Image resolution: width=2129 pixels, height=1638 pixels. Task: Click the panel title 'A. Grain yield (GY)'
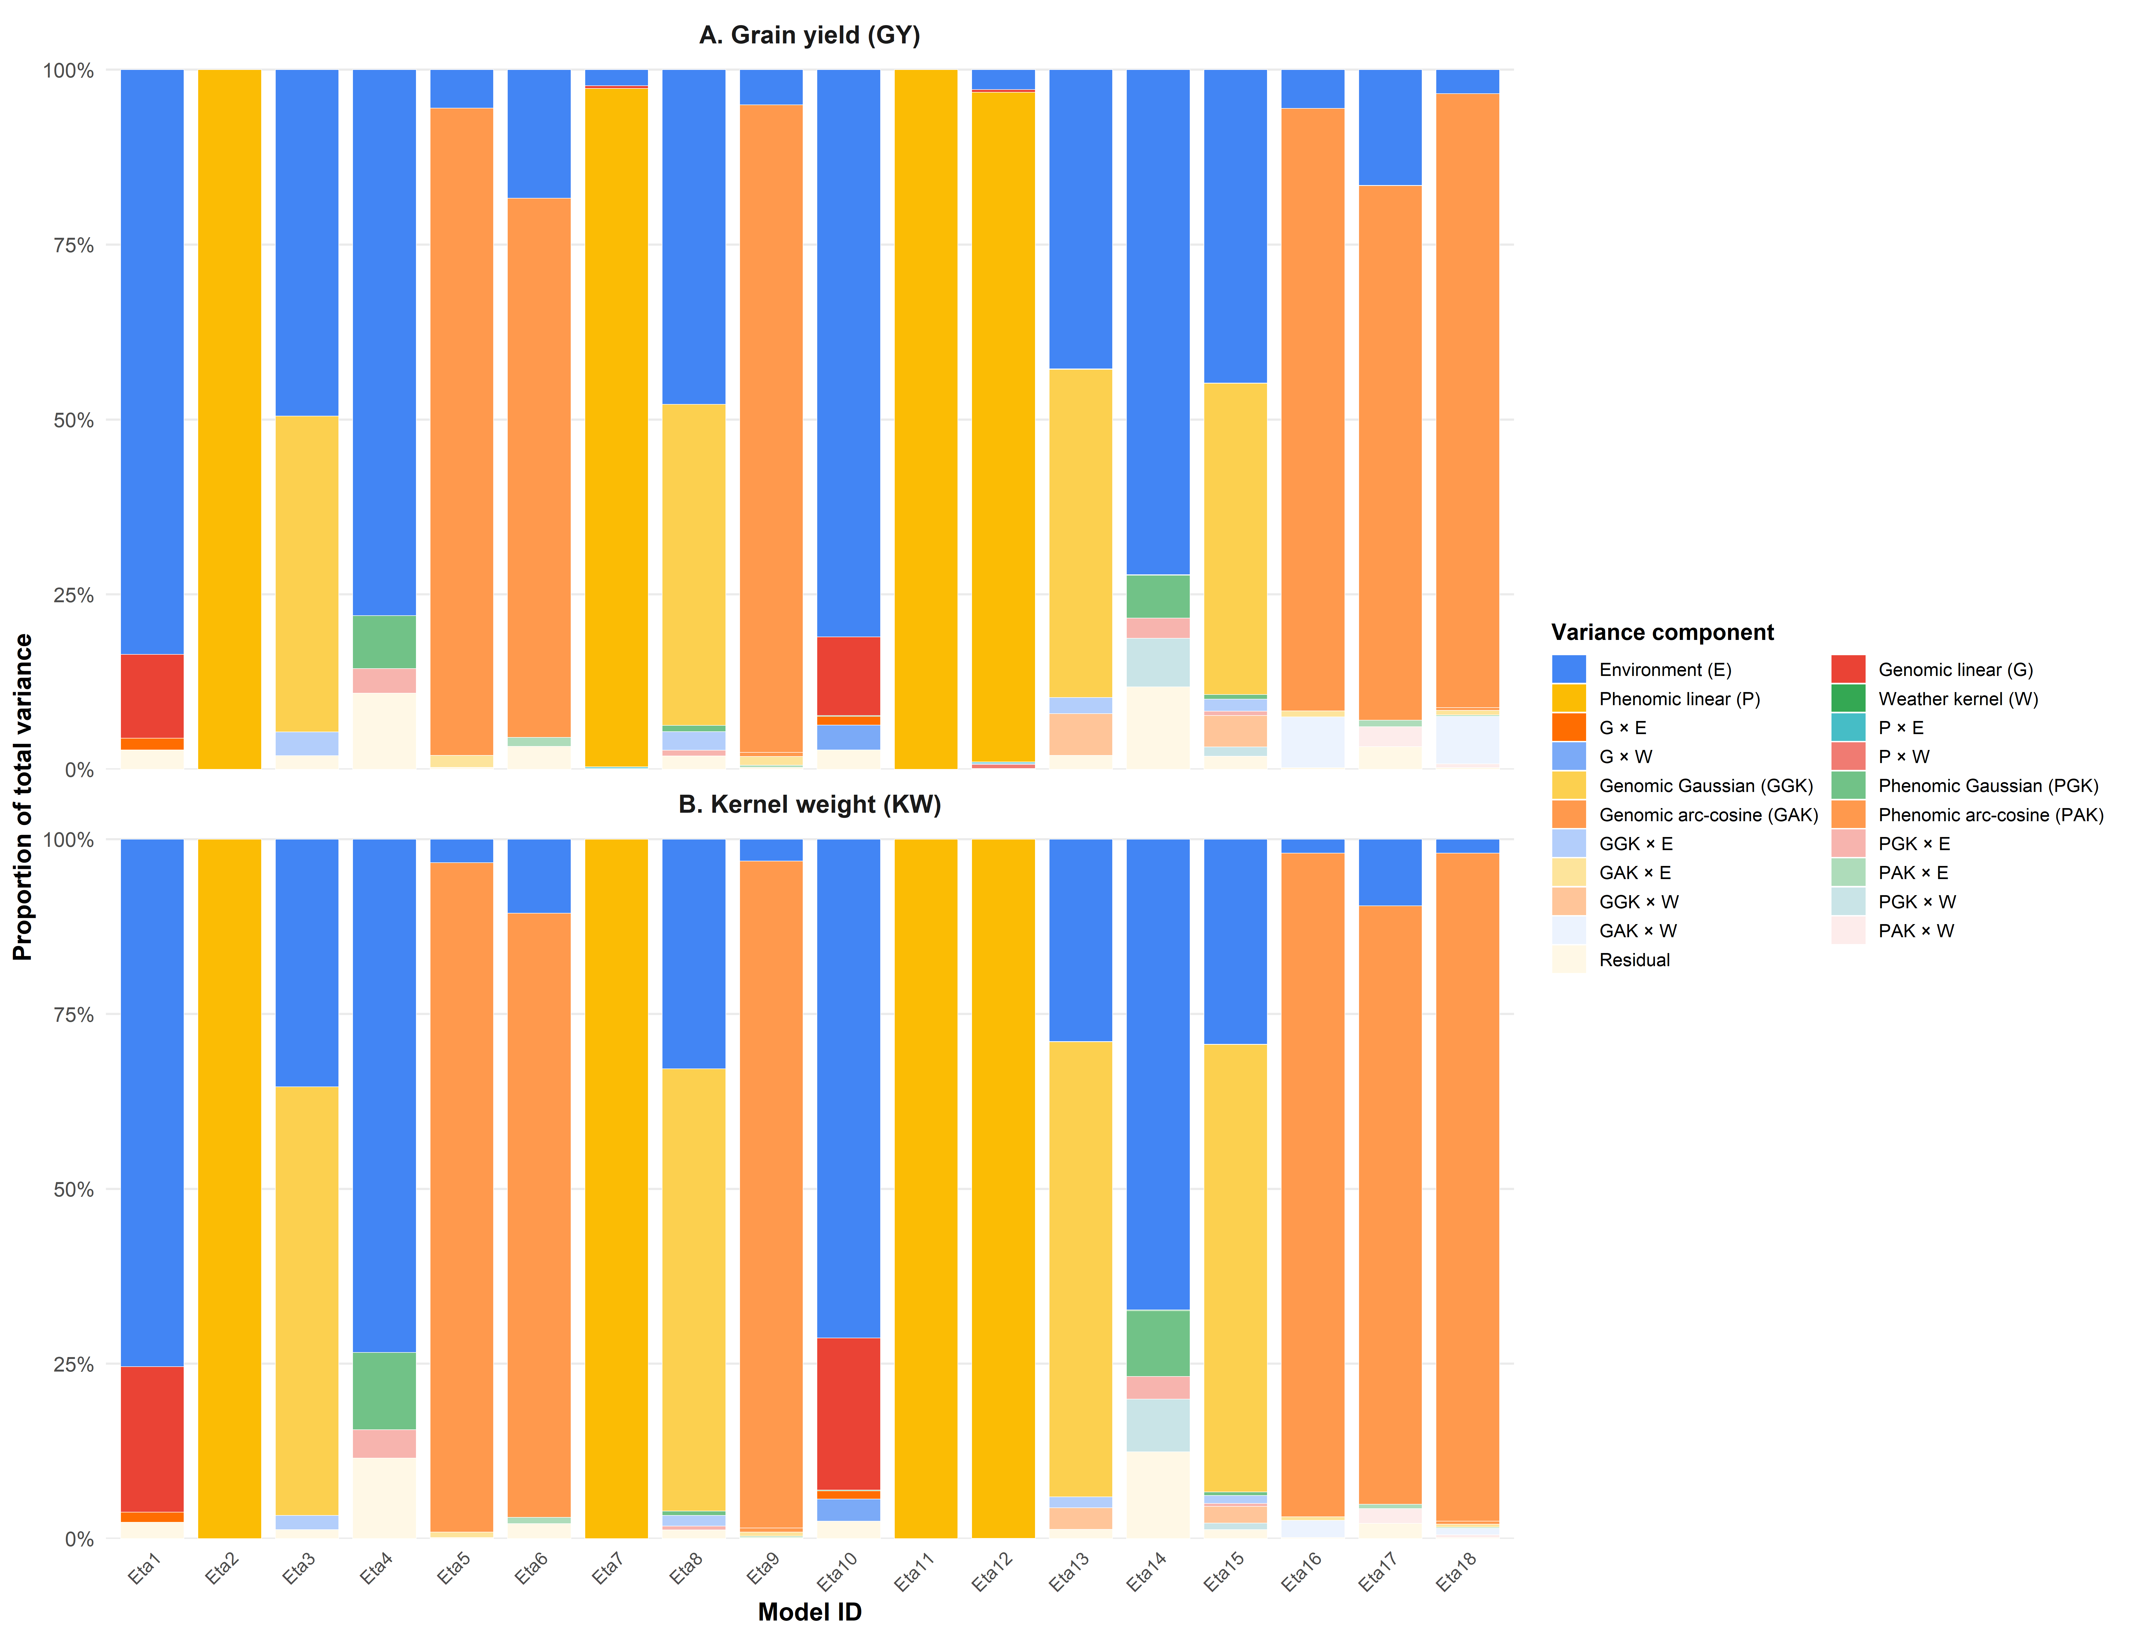point(809,35)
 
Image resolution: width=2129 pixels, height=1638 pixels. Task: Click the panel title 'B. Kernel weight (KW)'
point(809,804)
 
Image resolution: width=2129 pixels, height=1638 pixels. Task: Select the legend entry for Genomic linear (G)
point(1955,670)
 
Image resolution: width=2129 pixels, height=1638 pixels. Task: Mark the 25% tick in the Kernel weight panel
point(73,1364)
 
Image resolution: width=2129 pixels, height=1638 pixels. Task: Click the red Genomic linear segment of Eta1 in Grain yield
point(152,695)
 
